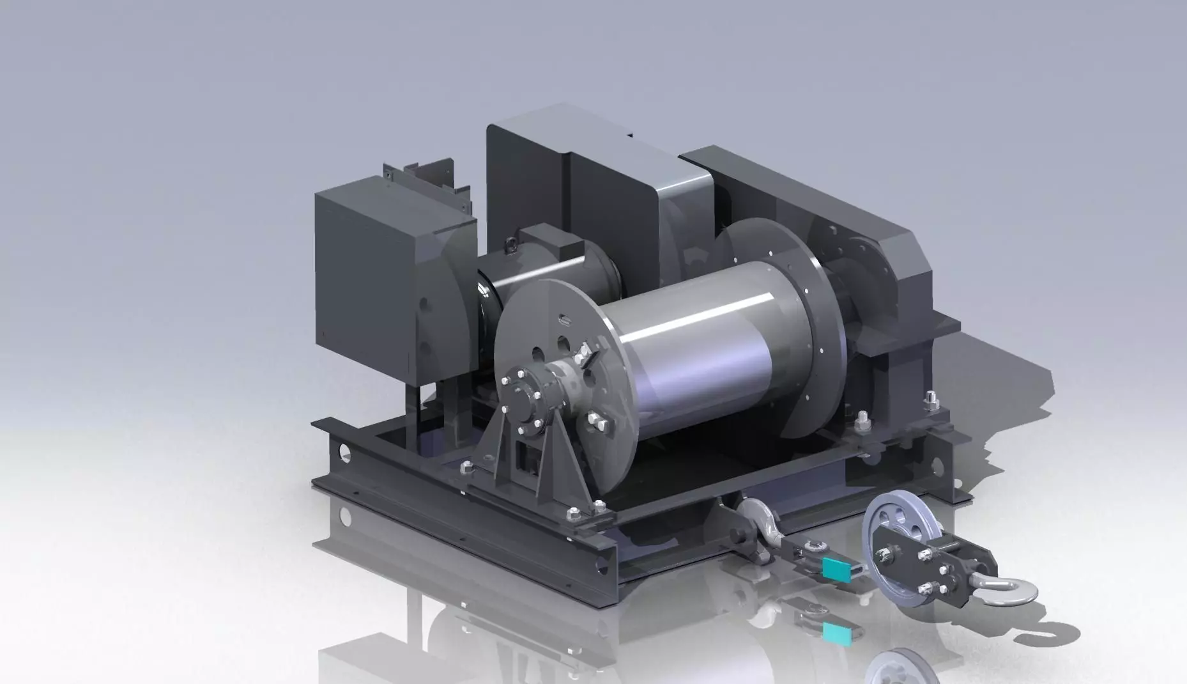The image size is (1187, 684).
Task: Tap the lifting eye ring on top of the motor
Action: [x=513, y=244]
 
